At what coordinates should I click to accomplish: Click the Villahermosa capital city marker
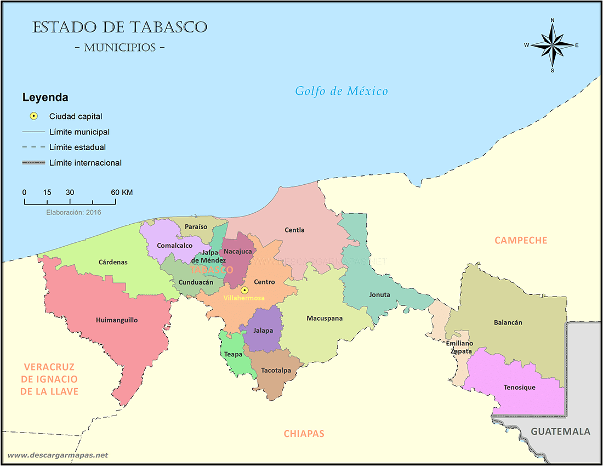(x=245, y=290)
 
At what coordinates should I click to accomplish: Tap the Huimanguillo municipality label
(x=117, y=320)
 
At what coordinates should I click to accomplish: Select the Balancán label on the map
(x=508, y=322)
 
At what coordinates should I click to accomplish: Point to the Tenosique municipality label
(x=519, y=388)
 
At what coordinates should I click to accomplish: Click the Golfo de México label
(x=341, y=91)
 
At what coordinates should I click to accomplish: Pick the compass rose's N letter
(x=552, y=21)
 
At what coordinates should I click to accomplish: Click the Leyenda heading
(x=45, y=98)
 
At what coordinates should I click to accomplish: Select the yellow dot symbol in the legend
(x=33, y=116)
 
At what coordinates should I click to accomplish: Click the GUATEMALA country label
(x=560, y=431)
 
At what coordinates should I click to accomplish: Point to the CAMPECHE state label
(x=520, y=240)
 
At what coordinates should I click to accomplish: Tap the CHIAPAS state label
(x=304, y=434)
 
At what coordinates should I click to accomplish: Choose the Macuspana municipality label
(x=325, y=318)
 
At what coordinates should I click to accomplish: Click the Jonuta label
(x=379, y=294)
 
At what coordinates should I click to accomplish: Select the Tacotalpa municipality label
(x=276, y=371)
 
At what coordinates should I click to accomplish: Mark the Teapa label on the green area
(x=232, y=354)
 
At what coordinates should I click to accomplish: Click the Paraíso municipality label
(x=196, y=226)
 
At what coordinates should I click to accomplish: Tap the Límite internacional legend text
(x=85, y=163)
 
